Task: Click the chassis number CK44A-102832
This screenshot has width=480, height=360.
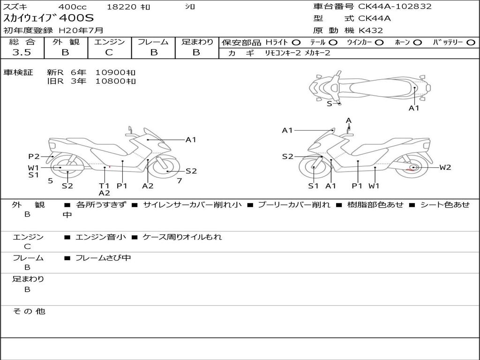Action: click(395, 7)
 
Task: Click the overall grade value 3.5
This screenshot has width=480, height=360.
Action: click(22, 52)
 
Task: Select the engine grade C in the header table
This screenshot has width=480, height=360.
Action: click(109, 52)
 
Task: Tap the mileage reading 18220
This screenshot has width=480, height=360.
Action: click(121, 7)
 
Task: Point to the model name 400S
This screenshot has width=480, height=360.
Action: click(76, 18)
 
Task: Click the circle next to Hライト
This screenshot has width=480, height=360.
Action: click(296, 43)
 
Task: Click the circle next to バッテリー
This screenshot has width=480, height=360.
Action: click(471, 43)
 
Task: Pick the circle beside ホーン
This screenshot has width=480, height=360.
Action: click(418, 43)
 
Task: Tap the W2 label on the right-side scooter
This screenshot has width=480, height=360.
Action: click(445, 167)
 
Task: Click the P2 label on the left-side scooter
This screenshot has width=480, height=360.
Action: click(34, 157)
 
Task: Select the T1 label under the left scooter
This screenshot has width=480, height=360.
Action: click(104, 186)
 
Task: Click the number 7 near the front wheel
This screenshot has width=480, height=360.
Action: click(180, 181)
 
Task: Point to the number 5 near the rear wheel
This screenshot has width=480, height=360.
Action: click(51, 181)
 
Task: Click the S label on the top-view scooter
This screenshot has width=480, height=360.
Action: click(330, 104)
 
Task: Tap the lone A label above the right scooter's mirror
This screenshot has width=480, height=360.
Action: click(349, 120)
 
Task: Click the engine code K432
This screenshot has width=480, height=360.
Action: click(371, 30)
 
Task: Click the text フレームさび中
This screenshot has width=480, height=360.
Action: click(103, 258)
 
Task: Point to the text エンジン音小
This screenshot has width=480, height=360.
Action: click(101, 237)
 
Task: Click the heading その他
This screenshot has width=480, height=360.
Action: click(29, 311)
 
